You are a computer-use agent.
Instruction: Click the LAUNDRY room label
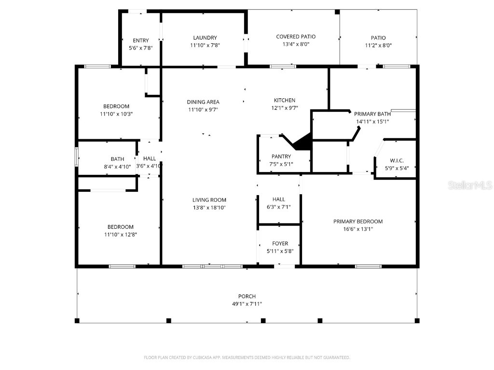click(205, 38)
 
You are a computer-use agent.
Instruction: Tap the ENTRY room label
click(140, 40)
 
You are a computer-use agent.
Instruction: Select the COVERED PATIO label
click(296, 37)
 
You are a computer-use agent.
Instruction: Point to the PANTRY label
click(281, 157)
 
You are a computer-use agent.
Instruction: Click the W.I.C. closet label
click(397, 160)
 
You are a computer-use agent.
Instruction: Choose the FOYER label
click(280, 244)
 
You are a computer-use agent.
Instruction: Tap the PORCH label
click(247, 296)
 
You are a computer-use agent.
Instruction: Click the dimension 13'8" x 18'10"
click(209, 208)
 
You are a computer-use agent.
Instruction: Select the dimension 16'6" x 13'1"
click(357, 229)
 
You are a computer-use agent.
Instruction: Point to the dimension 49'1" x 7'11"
click(247, 304)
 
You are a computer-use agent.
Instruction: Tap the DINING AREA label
click(203, 102)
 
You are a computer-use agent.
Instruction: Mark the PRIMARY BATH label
click(372, 114)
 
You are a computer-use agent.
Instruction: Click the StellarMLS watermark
click(469, 185)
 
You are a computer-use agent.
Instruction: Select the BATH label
click(117, 159)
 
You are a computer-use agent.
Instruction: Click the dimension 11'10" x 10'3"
click(116, 114)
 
